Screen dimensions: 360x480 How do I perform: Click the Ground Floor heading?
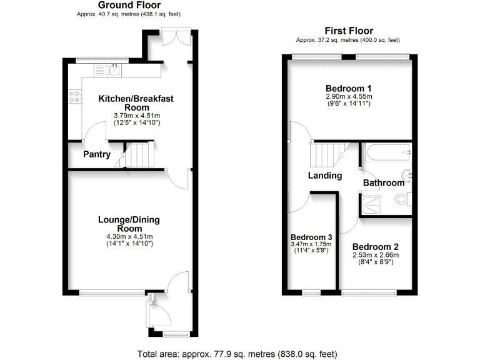click(x=129, y=5)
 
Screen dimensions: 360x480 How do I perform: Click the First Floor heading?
click(x=349, y=31)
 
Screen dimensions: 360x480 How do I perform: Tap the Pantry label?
click(x=97, y=154)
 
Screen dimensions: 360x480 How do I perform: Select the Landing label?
click(x=324, y=176)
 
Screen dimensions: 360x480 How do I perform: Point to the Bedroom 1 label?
click(x=349, y=88)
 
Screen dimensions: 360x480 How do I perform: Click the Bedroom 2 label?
click(x=375, y=247)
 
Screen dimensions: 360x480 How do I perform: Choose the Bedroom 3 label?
click(x=311, y=237)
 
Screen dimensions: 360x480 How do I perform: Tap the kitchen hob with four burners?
click(x=75, y=97)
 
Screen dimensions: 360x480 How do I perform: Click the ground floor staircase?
click(x=138, y=155)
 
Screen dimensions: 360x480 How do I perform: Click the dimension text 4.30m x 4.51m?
click(x=129, y=236)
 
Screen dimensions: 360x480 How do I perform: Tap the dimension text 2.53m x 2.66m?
click(x=375, y=255)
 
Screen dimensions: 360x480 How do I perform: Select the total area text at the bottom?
click(x=237, y=354)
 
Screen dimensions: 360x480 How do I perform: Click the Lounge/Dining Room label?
click(x=129, y=224)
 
